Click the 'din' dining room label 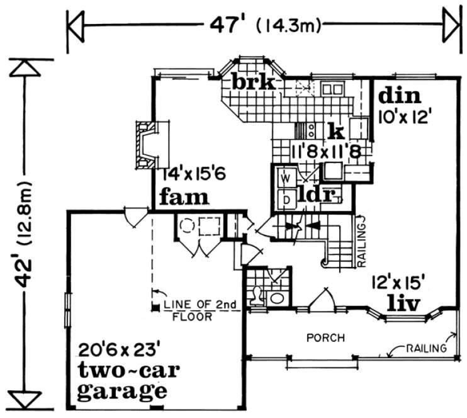[x=397, y=95]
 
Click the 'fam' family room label [x=184, y=198]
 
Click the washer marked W [x=285, y=178]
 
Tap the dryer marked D [x=285, y=200]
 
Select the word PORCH [x=325, y=338]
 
